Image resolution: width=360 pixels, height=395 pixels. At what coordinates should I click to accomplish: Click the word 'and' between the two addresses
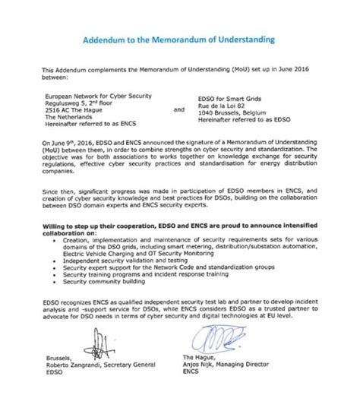(179, 109)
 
